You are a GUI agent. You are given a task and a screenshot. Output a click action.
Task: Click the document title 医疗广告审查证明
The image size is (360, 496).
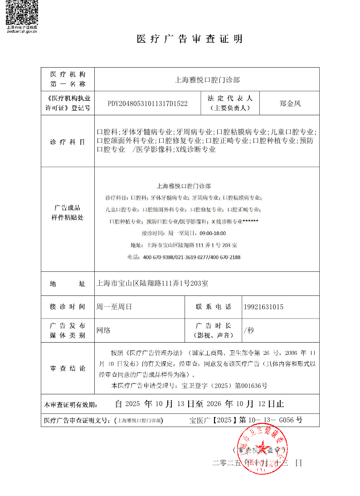point(190,39)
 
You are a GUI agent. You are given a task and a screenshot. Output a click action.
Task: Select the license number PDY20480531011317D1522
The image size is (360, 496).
point(147,103)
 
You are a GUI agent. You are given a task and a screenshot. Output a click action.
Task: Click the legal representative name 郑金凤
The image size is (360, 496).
point(290,103)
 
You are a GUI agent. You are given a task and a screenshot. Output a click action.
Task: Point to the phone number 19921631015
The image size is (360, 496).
point(263,307)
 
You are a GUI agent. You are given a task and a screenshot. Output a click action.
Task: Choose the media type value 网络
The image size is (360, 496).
point(103,330)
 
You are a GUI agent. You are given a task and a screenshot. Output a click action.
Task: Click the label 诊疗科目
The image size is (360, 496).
point(68,142)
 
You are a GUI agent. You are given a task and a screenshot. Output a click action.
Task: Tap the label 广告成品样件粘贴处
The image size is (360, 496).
point(68,212)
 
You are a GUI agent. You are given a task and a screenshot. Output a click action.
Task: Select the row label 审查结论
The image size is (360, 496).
point(68,368)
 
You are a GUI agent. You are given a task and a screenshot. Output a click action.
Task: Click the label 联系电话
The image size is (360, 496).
point(213,307)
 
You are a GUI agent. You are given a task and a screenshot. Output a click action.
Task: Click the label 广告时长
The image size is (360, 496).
point(213,326)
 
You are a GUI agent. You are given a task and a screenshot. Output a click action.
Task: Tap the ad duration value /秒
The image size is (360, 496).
point(249,330)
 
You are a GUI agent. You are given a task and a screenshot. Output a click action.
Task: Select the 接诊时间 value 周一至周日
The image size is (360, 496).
point(114,307)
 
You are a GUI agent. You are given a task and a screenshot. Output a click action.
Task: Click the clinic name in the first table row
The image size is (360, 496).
point(207,80)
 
